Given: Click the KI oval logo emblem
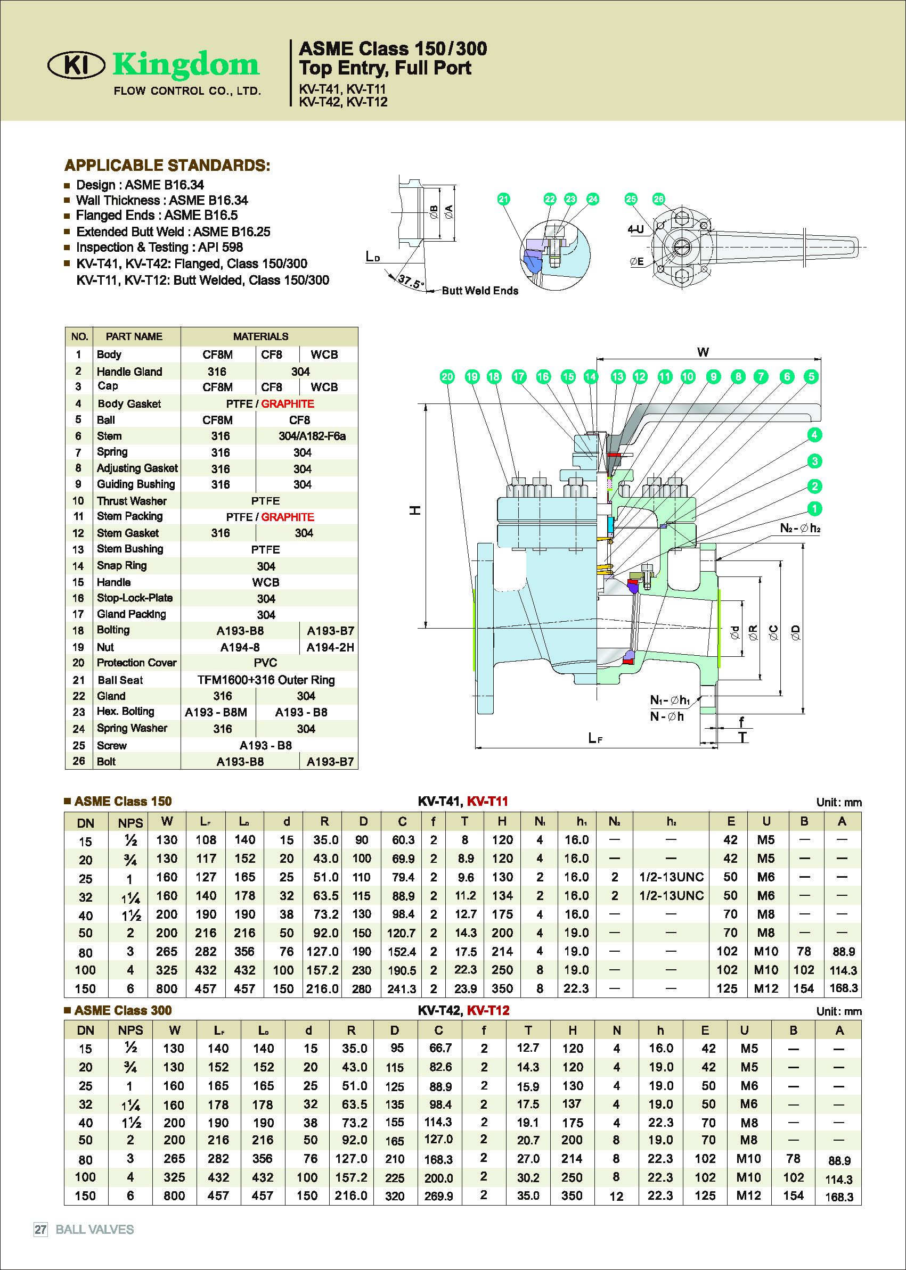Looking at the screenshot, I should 76,66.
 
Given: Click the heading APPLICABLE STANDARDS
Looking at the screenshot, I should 167,166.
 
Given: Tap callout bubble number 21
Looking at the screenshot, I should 504,199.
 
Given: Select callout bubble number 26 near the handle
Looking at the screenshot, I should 658,199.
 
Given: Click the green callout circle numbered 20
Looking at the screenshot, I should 447,377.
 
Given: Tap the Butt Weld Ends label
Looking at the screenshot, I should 480,291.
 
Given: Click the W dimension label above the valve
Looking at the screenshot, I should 703,352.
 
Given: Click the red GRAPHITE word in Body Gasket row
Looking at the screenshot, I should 287,403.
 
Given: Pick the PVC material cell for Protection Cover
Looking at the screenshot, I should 265,663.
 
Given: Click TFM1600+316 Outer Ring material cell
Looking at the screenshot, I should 266,680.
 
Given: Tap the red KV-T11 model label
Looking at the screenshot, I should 487,801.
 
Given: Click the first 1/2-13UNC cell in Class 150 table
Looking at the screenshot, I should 671,877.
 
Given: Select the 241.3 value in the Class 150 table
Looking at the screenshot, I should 402,988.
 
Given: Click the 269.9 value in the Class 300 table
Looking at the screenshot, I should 438,1197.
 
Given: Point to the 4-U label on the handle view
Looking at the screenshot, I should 635,229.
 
